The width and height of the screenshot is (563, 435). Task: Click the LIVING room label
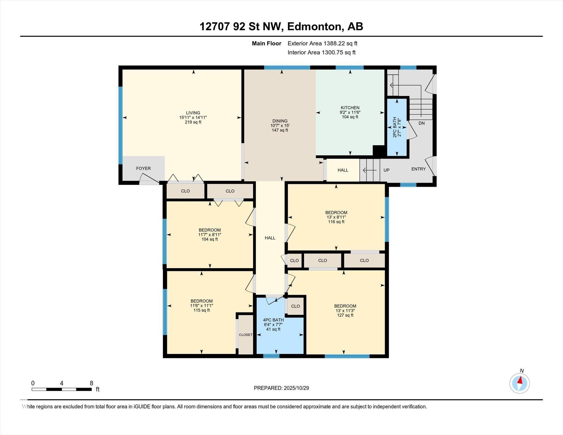tap(193, 113)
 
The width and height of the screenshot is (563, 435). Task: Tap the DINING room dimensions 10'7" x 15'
tap(280, 126)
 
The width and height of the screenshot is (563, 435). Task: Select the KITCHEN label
tap(350, 108)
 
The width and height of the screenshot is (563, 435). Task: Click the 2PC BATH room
tap(397, 127)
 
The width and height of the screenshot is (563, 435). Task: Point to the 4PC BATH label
tap(273, 320)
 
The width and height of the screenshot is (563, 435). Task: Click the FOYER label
tap(143, 168)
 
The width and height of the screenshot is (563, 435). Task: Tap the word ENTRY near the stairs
tap(418, 169)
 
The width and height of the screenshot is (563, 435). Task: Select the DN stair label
tap(421, 123)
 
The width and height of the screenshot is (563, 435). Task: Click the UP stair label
tap(387, 170)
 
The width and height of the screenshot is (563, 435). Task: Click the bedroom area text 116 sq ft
tap(336, 222)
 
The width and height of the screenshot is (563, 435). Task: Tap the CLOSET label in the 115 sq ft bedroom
tap(245, 335)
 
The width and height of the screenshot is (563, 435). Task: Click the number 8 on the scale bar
tap(91, 383)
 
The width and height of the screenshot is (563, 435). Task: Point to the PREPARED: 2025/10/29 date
tap(281, 388)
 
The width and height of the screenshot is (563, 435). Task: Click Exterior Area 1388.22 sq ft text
tap(322, 43)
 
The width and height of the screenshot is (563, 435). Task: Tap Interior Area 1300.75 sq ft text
tap(321, 52)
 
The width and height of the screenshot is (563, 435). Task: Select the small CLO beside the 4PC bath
tap(295, 306)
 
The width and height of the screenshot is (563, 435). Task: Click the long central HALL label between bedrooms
tap(270, 238)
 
